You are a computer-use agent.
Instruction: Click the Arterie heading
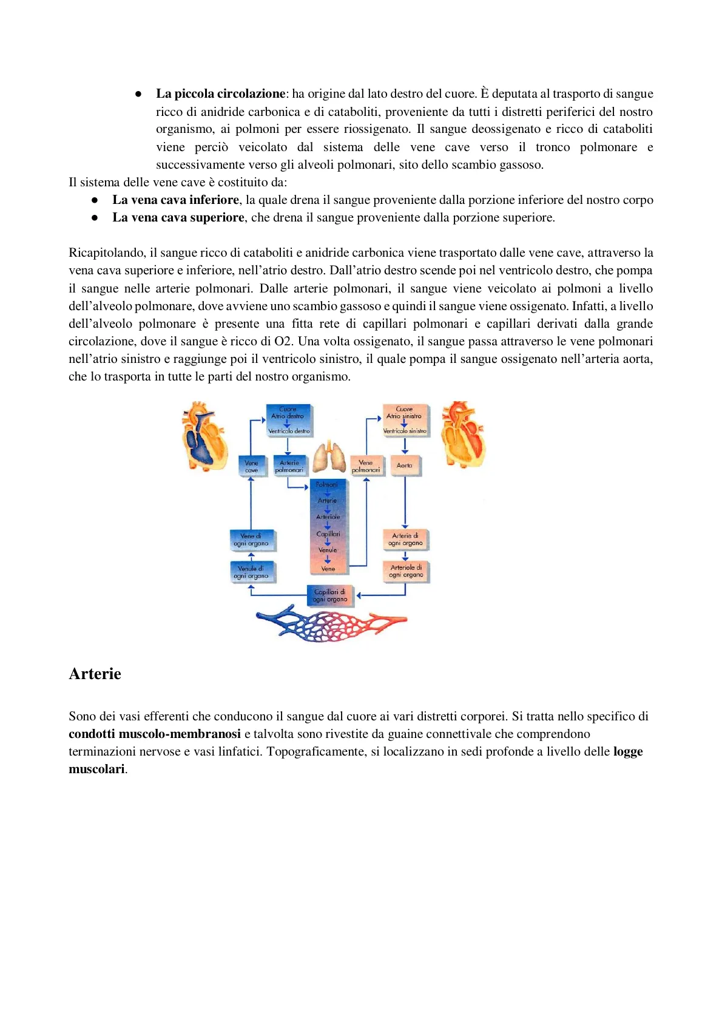[95, 674]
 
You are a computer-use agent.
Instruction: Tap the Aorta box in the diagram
[405, 465]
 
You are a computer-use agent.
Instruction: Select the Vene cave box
[251, 466]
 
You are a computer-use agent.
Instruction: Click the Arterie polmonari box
[289, 466]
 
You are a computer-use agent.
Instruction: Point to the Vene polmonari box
[366, 466]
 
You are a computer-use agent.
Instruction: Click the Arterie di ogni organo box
[405, 539]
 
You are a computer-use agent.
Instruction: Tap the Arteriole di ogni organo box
[406, 571]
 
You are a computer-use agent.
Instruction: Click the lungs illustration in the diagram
[329, 456]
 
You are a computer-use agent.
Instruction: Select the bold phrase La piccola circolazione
[220, 93]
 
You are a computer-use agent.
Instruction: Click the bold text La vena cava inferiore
[175, 200]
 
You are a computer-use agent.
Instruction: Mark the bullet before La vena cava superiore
[95, 217]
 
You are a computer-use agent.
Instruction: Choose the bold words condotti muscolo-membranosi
[155, 734]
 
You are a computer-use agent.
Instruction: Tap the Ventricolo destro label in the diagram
[289, 431]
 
